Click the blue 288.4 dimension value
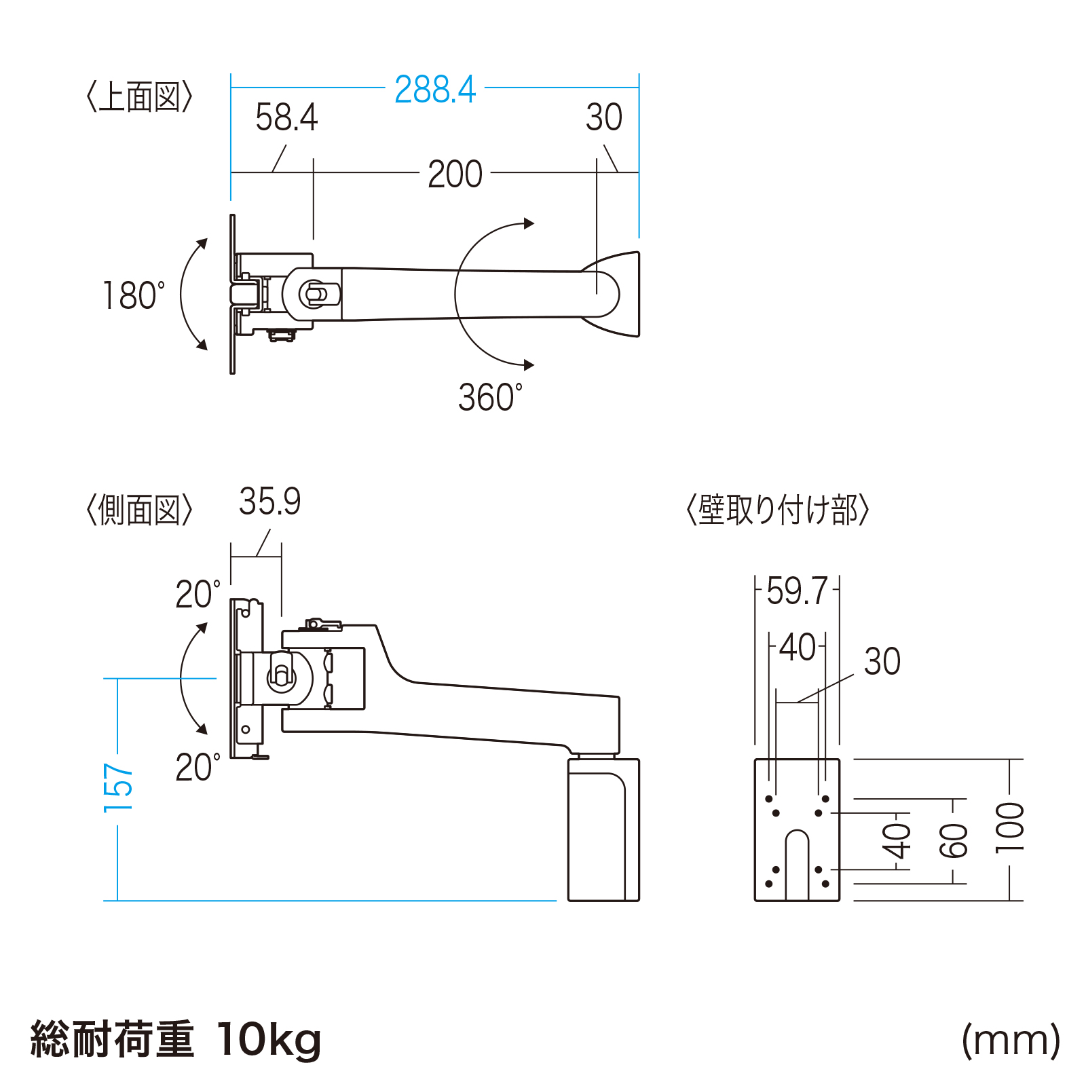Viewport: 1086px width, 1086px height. [435, 90]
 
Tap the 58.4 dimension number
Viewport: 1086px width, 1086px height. [286, 117]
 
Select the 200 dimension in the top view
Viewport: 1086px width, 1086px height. [455, 174]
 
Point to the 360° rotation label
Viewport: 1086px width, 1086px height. [490, 397]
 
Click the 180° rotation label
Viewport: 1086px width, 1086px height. [134, 296]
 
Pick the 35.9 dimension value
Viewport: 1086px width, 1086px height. [269, 502]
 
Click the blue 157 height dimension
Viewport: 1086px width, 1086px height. [118, 787]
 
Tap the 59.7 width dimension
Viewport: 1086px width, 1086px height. [797, 591]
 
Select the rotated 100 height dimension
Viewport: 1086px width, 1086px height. [1009, 827]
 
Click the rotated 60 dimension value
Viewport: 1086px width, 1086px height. [954, 840]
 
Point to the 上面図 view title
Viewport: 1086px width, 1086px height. [140, 97]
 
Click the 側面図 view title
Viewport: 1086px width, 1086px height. [140, 510]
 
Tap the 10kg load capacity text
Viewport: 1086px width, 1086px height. [269, 1039]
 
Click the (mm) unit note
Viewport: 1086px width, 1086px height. [1011, 1039]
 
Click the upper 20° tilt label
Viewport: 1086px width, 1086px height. [198, 595]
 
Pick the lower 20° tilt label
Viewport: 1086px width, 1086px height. [198, 768]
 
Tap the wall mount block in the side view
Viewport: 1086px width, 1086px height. [603, 829]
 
